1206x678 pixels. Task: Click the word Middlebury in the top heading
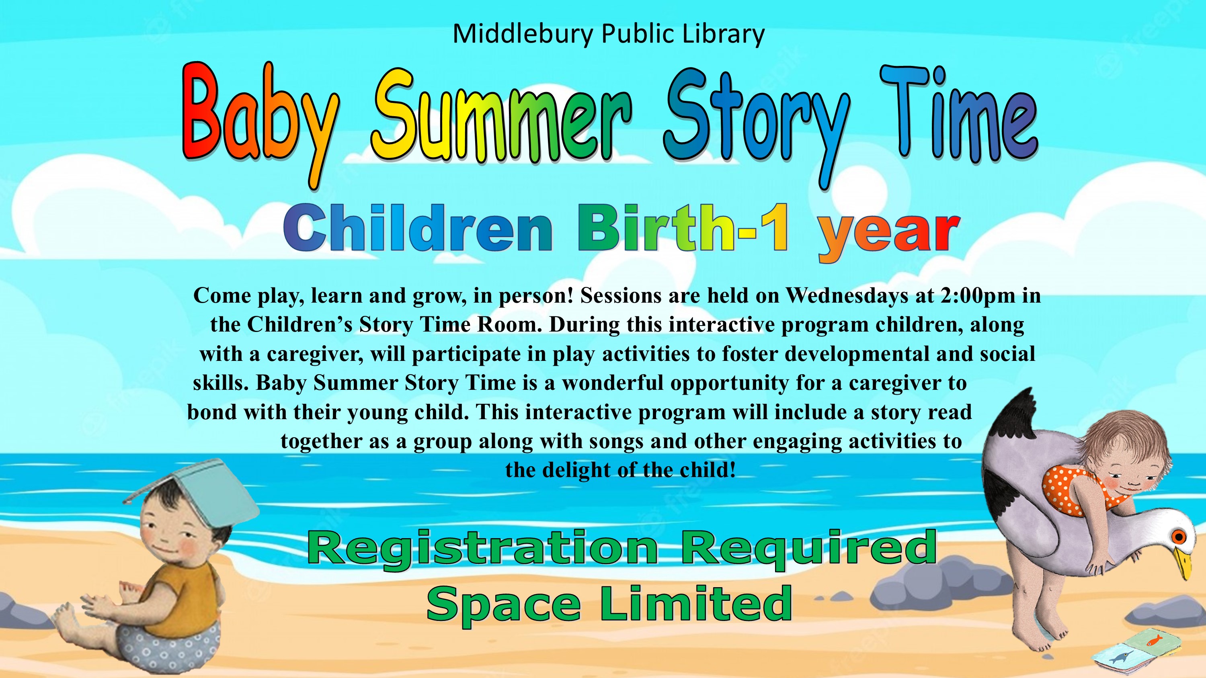[x=523, y=34]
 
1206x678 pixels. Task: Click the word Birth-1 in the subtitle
[x=684, y=229]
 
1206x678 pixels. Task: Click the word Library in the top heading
[x=723, y=35]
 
